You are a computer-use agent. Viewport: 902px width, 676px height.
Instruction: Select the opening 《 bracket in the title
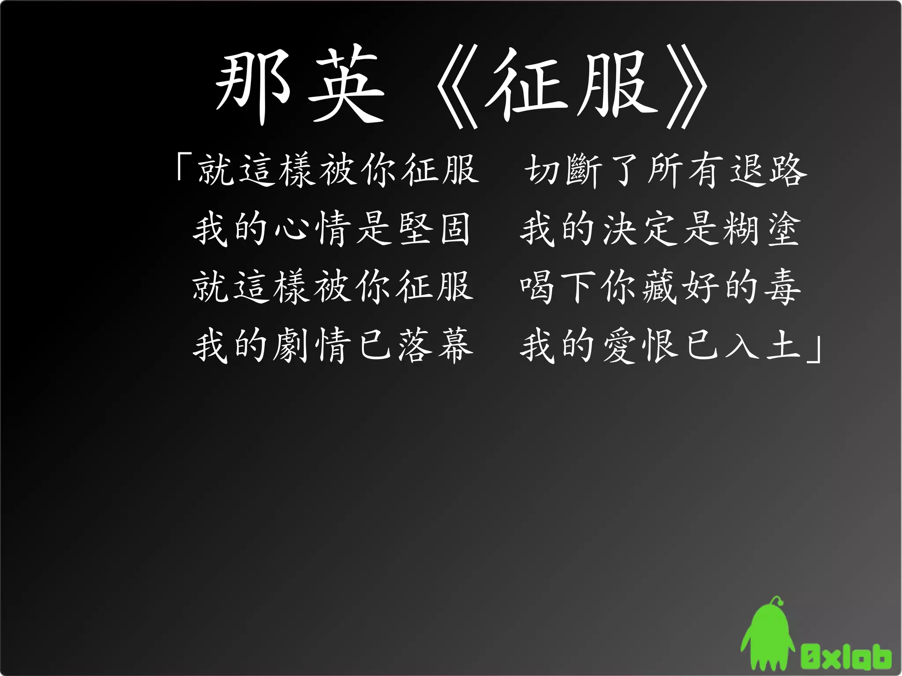coord(458,86)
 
